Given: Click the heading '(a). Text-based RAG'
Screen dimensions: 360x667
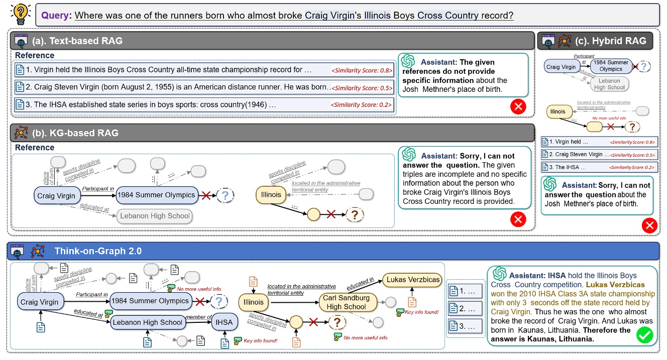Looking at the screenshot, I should click(x=84, y=41).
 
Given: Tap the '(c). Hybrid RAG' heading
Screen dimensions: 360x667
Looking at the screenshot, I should click(x=614, y=41).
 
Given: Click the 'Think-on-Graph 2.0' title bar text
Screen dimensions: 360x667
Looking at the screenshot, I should click(x=98, y=251).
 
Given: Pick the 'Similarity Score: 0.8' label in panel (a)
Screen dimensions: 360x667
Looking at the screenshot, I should click(x=362, y=70).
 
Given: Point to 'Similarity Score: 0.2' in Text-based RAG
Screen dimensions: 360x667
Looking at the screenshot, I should click(x=362, y=105).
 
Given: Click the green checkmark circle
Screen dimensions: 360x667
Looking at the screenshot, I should click(x=644, y=335).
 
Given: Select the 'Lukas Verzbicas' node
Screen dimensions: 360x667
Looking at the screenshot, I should click(x=412, y=280).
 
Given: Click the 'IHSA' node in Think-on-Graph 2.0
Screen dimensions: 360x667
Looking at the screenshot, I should click(x=224, y=322).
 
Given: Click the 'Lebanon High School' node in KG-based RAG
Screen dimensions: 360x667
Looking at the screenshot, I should click(x=155, y=216).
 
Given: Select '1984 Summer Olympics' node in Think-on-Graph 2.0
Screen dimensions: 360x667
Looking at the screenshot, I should click(x=151, y=301).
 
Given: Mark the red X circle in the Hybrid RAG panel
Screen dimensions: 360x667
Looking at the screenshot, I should click(x=649, y=226).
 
